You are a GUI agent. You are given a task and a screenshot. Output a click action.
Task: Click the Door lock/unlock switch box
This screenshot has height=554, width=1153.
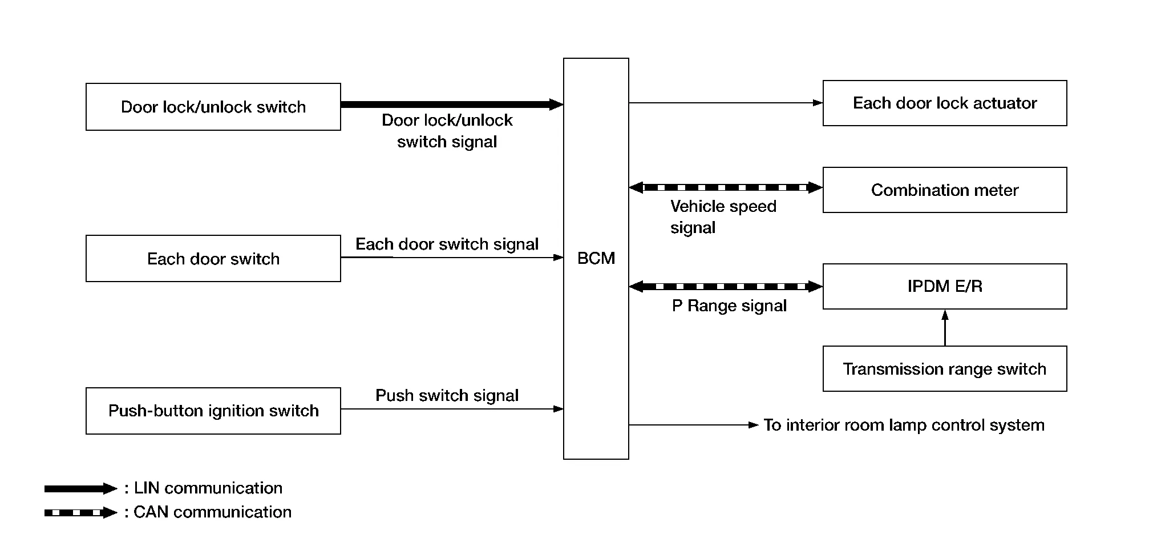[x=213, y=107]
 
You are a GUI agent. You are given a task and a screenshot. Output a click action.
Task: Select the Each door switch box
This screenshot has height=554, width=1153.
[x=213, y=259]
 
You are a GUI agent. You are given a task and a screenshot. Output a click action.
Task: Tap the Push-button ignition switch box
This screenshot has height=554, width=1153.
[x=213, y=411]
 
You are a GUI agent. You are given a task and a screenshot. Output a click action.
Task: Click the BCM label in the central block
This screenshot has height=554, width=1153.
[x=596, y=258]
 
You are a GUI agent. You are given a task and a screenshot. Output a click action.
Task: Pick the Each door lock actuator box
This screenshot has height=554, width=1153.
[x=944, y=103]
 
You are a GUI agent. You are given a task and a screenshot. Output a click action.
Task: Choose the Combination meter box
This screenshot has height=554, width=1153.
[x=944, y=190]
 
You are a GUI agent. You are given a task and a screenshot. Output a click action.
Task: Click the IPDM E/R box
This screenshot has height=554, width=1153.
[x=944, y=286]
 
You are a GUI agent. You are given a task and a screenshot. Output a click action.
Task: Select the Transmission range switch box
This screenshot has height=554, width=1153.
[x=944, y=369]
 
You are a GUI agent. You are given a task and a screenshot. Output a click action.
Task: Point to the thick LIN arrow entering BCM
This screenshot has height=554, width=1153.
[x=451, y=105]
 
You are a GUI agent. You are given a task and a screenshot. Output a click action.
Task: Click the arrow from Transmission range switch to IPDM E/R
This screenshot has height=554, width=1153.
[x=945, y=328]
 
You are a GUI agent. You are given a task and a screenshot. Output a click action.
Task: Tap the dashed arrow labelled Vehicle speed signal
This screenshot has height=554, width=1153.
[x=726, y=187]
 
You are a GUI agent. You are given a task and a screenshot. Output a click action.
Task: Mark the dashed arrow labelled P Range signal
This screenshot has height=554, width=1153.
[x=726, y=287]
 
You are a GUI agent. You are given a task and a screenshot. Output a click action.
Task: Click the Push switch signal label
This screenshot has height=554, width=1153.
[x=447, y=395]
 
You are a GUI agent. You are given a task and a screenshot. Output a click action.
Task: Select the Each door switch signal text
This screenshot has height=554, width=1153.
[x=447, y=244]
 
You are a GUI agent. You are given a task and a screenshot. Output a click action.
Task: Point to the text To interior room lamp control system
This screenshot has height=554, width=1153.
[x=904, y=425]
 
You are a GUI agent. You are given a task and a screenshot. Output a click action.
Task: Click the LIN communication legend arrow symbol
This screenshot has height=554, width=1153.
[x=80, y=489]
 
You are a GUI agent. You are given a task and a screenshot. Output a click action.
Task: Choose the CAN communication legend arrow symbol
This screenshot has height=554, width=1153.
[x=80, y=513]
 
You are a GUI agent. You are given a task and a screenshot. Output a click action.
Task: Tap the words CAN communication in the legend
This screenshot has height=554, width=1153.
[x=212, y=512]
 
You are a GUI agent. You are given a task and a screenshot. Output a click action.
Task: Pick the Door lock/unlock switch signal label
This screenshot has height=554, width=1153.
[x=447, y=131]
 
